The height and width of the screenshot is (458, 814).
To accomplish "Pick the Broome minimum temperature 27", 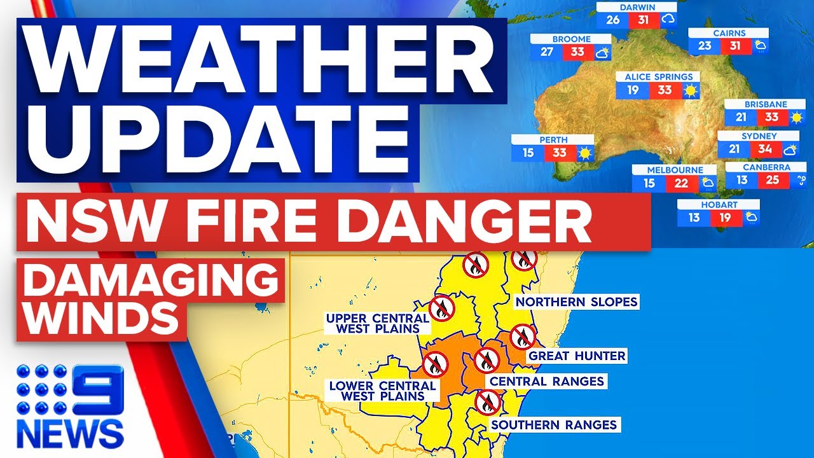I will tap(547, 52).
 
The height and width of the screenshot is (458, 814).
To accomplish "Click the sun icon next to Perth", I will tap(584, 153).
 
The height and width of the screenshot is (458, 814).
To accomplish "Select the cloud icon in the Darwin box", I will tap(668, 20).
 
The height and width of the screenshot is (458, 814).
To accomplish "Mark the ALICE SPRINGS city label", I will tap(658, 77).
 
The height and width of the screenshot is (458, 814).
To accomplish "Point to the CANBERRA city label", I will tap(766, 167).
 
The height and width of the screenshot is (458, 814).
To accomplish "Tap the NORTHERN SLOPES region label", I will tap(576, 302).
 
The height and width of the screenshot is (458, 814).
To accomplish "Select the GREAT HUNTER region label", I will tap(577, 356).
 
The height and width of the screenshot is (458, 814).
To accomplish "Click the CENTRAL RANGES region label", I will tap(545, 381).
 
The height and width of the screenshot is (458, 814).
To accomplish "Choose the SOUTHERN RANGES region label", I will tap(553, 424).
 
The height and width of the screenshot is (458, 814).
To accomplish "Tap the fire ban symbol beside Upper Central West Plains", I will tap(441, 308).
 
